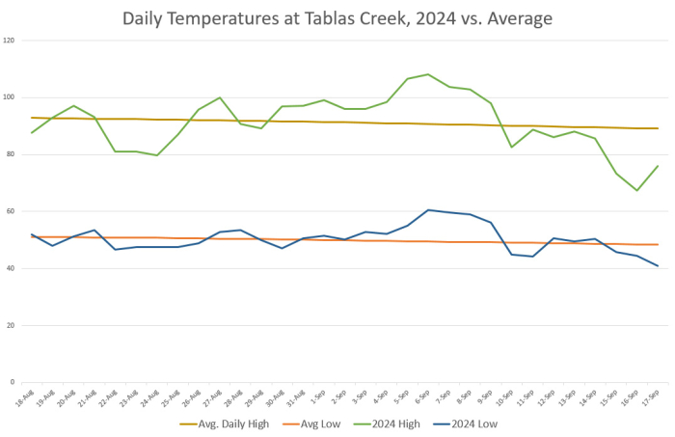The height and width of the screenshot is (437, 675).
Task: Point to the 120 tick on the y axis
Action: pyautogui.click(x=9, y=41)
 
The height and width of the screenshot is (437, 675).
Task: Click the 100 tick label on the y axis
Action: pyautogui.click(x=9, y=97)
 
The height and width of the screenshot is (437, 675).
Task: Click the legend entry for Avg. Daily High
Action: pyautogui.click(x=226, y=423)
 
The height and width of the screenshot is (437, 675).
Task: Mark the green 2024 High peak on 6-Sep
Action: pyautogui.click(x=428, y=74)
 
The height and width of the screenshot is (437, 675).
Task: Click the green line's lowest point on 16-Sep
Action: pyautogui.click(x=636, y=190)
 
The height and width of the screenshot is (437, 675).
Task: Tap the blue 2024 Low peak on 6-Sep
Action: pyautogui.click(x=428, y=209)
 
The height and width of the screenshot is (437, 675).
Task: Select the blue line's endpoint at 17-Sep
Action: pyautogui.click(x=658, y=266)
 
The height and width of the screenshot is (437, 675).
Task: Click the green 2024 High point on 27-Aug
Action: pyautogui.click(x=220, y=97)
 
